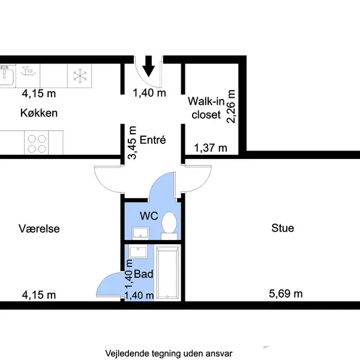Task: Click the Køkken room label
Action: tap(38, 113)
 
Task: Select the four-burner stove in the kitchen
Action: tap(36, 143)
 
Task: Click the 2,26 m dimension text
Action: tap(230, 106)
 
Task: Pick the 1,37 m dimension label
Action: tap(211, 148)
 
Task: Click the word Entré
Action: tap(152, 140)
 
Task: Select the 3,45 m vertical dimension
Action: tap(133, 143)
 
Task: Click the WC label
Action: tap(148, 215)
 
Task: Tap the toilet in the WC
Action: tap(169, 224)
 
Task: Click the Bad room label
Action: tap(144, 274)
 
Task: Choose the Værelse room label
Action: tap(39, 229)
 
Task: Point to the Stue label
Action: tap(283, 228)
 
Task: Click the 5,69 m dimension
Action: tap(286, 294)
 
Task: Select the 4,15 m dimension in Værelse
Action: tap(39, 295)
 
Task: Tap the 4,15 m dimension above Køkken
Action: tap(39, 94)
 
